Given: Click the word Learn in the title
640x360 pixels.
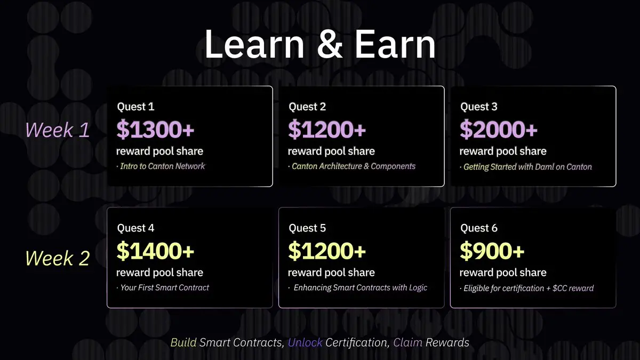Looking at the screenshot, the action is [254, 44].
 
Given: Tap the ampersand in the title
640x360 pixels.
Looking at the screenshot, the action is [330, 45].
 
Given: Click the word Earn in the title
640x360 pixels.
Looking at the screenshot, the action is [395, 44].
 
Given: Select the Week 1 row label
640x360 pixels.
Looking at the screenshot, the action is [58, 130].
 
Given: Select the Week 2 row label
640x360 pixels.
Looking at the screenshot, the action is [58, 258].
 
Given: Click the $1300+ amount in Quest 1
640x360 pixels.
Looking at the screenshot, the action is [155, 130].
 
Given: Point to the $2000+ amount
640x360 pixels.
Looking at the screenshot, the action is [499, 130].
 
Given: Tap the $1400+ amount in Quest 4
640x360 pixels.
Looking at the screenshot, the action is [155, 251].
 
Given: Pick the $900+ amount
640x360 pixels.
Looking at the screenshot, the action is [492, 251].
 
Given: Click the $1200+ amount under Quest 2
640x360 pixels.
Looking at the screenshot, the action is [327, 130].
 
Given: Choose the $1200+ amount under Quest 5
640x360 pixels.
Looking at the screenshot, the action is [327, 251].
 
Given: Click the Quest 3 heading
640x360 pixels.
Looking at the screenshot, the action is [479, 107].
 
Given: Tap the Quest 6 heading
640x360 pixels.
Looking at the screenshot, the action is [479, 228].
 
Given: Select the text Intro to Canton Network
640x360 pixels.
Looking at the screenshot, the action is [162, 166].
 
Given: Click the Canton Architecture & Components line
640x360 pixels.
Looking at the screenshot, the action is [354, 166].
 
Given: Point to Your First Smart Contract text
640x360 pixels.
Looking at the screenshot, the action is [165, 287].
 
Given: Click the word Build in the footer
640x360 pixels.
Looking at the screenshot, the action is [183, 342].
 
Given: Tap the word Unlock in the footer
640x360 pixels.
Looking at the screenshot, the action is [305, 342].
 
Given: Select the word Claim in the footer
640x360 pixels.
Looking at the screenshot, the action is [407, 342].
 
